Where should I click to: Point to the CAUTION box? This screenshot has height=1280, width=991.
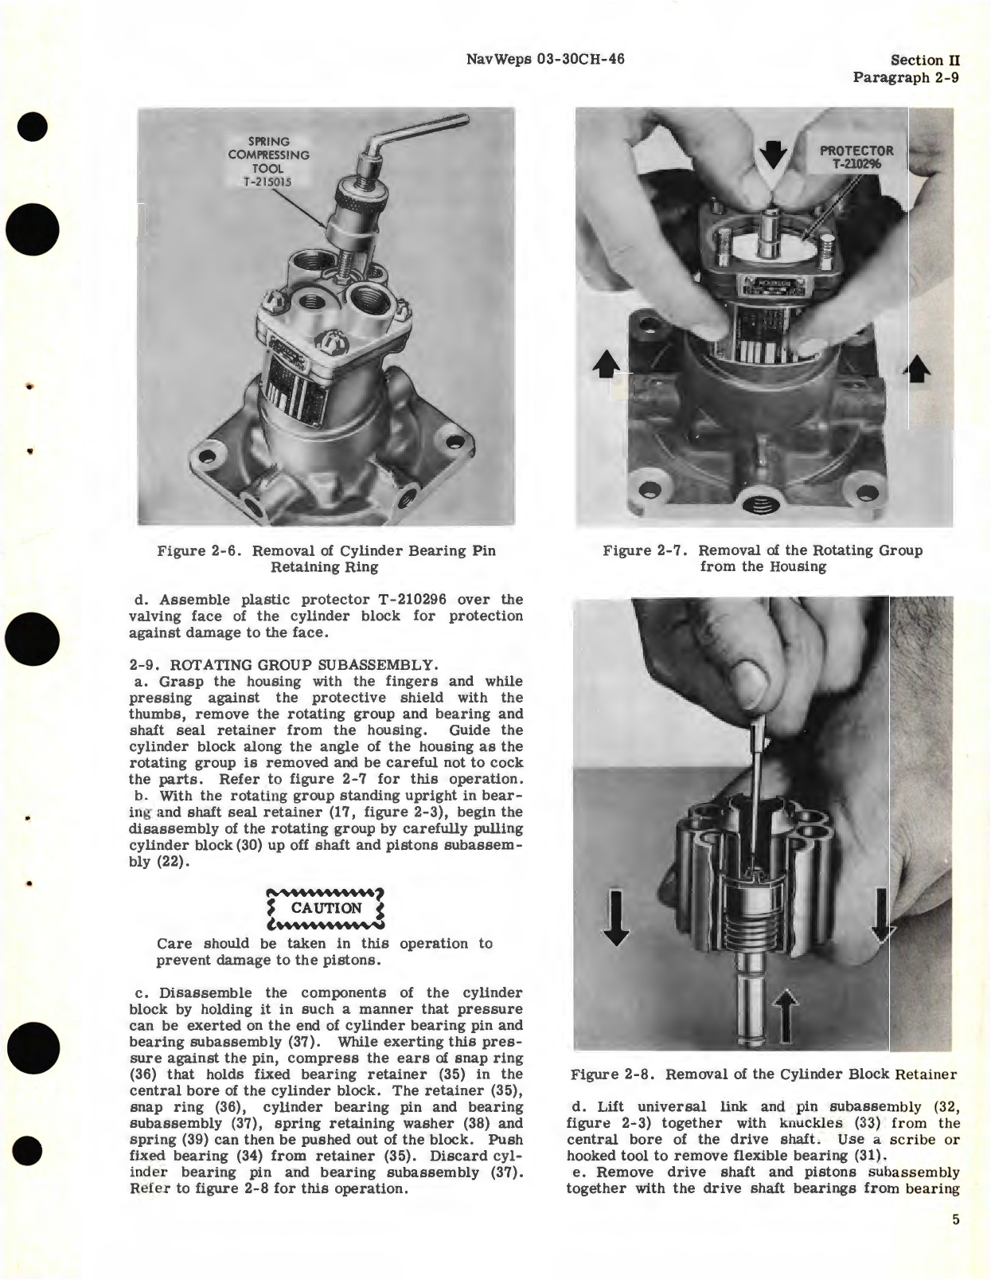(x=326, y=908)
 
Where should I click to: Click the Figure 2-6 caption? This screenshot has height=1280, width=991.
(x=326, y=559)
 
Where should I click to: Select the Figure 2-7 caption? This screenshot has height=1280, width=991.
(x=763, y=558)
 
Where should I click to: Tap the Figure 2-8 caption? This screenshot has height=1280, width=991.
(x=763, y=1074)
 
